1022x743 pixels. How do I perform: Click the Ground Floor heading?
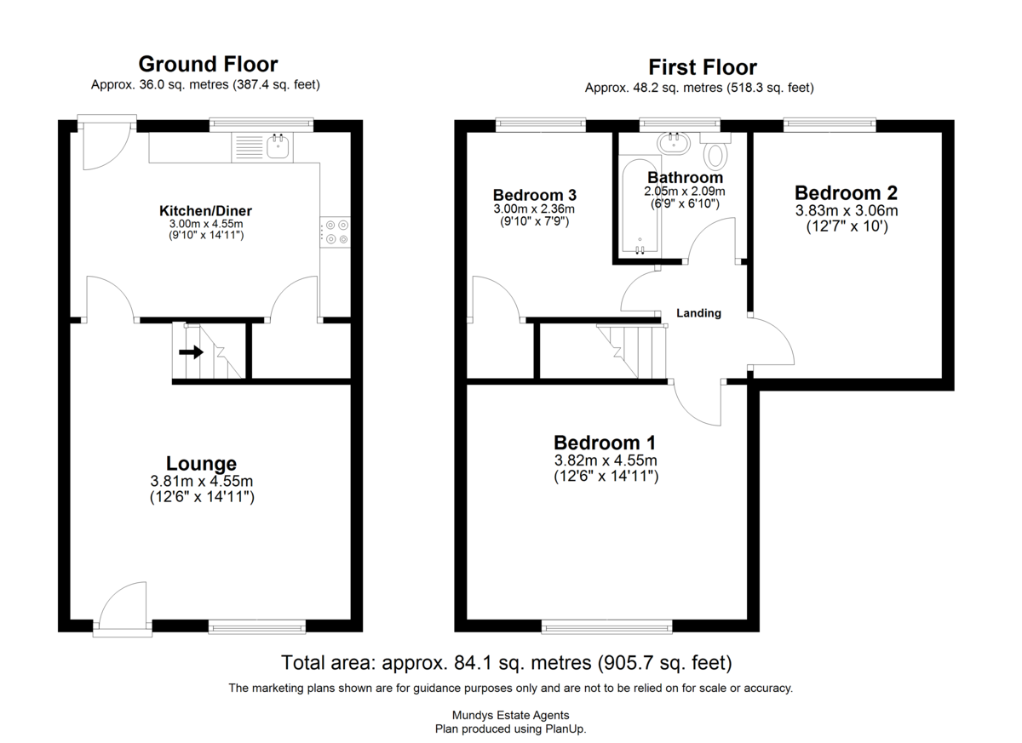[x=208, y=65]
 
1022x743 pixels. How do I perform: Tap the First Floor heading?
[x=703, y=67]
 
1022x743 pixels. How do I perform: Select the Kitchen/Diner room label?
[x=205, y=211]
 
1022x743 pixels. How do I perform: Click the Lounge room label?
[x=201, y=464]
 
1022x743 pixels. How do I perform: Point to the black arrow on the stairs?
[x=191, y=351]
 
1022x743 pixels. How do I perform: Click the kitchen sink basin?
[x=278, y=146]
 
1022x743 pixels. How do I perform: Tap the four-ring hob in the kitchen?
[x=336, y=232]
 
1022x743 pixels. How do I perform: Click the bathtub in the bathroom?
[x=640, y=204]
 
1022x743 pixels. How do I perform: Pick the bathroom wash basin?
[x=675, y=144]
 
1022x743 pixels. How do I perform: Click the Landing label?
[x=698, y=313]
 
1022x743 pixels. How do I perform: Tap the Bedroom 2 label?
[x=846, y=193]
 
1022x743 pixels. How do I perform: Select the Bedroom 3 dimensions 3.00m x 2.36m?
[x=534, y=209]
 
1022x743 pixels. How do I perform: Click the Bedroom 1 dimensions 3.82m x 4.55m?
[x=606, y=460]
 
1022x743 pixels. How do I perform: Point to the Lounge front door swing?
[x=123, y=603]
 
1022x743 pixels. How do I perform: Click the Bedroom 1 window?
[x=606, y=626]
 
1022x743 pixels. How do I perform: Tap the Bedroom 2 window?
[x=830, y=125]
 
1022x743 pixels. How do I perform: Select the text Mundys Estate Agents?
[x=510, y=715]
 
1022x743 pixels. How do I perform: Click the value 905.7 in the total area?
[x=627, y=662]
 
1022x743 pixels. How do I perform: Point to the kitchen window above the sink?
[x=261, y=125]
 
